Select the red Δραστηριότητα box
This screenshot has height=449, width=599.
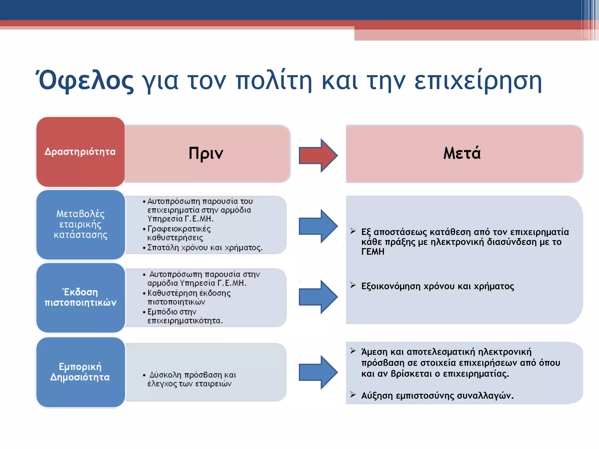tap(80, 152)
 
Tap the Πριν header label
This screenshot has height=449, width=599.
tap(206, 153)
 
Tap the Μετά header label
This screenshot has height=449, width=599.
tap(462, 153)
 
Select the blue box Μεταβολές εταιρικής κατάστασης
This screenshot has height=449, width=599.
tap(80, 224)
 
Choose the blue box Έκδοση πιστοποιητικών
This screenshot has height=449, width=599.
tap(80, 297)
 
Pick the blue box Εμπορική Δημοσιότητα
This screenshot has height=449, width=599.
tap(80, 372)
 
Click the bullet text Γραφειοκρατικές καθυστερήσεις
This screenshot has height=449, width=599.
tap(179, 233)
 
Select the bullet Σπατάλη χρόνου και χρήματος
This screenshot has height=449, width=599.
tap(205, 248)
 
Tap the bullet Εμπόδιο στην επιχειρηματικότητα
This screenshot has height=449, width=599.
tap(185, 316)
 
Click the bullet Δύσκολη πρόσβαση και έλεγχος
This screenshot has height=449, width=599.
tap(192, 379)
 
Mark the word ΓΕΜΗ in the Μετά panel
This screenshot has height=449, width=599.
tap(373, 252)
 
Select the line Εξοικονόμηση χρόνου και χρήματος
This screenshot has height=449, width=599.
tap(438, 286)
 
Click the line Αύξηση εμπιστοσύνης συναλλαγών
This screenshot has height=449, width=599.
tap(437, 396)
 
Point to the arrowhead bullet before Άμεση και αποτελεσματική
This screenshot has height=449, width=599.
tap(353, 351)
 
